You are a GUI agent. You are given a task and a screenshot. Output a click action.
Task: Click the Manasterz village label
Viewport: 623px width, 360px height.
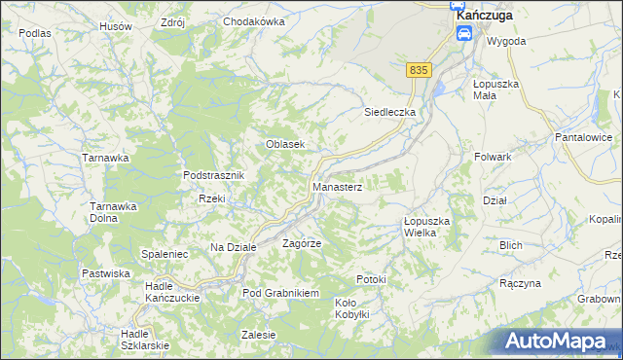pyautogui.click(x=338, y=186)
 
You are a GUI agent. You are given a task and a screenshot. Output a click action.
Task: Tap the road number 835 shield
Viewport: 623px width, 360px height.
pyautogui.click(x=419, y=70)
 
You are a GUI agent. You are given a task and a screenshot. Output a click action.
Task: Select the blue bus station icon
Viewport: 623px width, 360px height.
pyautogui.click(x=464, y=34)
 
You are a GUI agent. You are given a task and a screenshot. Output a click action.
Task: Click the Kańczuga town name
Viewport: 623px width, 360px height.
pyautogui.click(x=484, y=16)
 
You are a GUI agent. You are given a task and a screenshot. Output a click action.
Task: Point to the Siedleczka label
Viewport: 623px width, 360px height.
pyautogui.click(x=390, y=112)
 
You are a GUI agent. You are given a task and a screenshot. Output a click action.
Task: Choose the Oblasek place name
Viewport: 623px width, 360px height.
pyautogui.click(x=287, y=144)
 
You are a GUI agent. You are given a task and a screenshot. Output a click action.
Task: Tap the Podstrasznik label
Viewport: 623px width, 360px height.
pyautogui.click(x=219, y=175)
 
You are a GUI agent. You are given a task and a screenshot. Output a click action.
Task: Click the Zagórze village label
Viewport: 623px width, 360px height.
pyautogui.click(x=302, y=243)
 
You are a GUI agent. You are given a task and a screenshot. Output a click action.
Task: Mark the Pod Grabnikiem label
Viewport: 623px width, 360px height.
pyautogui.click(x=281, y=293)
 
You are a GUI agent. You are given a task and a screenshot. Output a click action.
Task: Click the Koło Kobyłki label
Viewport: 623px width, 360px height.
pyautogui.click(x=351, y=308)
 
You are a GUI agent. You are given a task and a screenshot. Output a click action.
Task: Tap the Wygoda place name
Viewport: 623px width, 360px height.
pyautogui.click(x=506, y=42)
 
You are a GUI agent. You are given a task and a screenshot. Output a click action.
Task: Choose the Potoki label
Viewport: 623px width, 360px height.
pyautogui.click(x=371, y=280)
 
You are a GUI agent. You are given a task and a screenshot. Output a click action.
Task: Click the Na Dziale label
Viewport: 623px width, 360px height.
pyautogui.click(x=234, y=248)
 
